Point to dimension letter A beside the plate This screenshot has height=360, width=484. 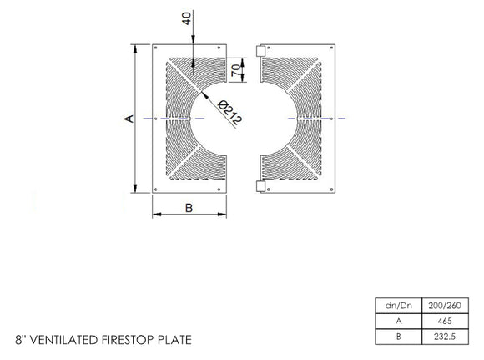(x=129, y=119)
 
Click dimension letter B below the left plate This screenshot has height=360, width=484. (x=189, y=209)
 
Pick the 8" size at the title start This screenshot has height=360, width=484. (x=21, y=340)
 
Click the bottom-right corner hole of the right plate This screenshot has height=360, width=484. (x=331, y=190)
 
